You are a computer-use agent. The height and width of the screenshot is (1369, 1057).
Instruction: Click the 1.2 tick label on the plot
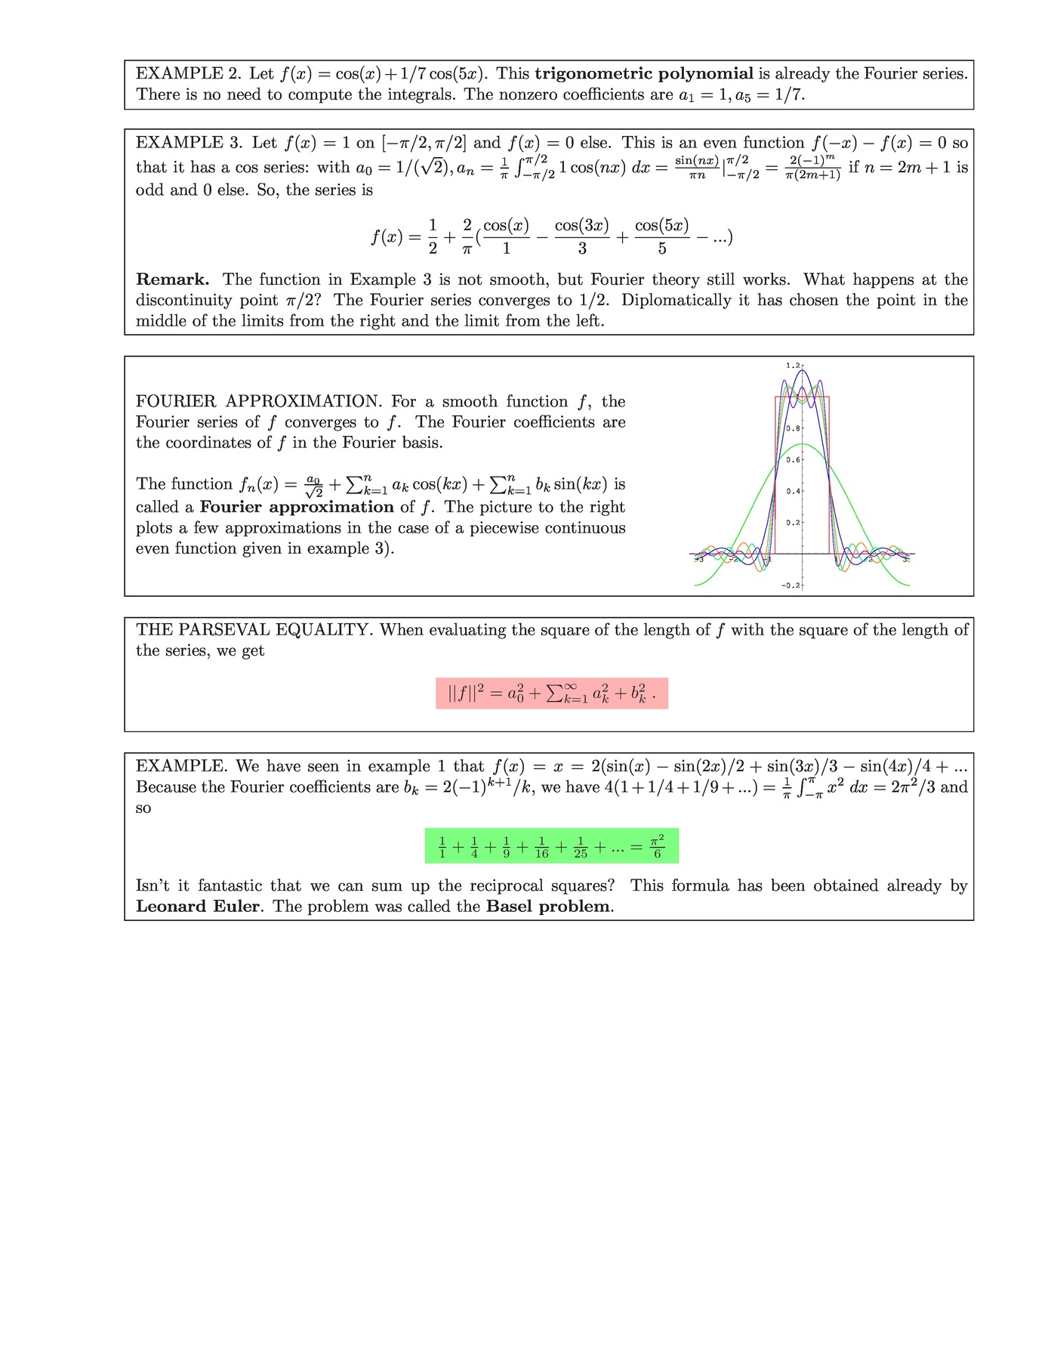pyautogui.click(x=793, y=366)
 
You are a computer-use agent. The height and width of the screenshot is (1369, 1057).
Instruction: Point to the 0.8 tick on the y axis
pyautogui.click(x=793, y=428)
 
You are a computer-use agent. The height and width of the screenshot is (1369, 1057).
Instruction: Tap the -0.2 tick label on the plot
pyautogui.click(x=790, y=586)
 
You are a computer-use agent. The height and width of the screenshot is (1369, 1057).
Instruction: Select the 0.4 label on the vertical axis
pyautogui.click(x=793, y=491)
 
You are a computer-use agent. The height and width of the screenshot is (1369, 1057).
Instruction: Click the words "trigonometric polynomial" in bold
pyautogui.click(x=644, y=73)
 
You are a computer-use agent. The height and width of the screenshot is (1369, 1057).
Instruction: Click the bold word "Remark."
pyautogui.click(x=173, y=280)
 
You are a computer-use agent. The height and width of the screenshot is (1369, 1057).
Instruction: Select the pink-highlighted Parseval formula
pyautogui.click(x=552, y=694)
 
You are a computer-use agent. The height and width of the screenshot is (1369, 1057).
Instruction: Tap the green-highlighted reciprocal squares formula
pyautogui.click(x=552, y=846)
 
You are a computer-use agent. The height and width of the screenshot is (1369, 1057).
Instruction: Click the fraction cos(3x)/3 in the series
pyautogui.click(x=581, y=236)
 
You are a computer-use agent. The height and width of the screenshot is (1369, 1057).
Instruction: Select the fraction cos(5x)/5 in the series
pyautogui.click(x=662, y=236)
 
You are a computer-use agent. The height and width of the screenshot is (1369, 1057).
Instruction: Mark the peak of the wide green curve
pyautogui.click(x=803, y=443)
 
